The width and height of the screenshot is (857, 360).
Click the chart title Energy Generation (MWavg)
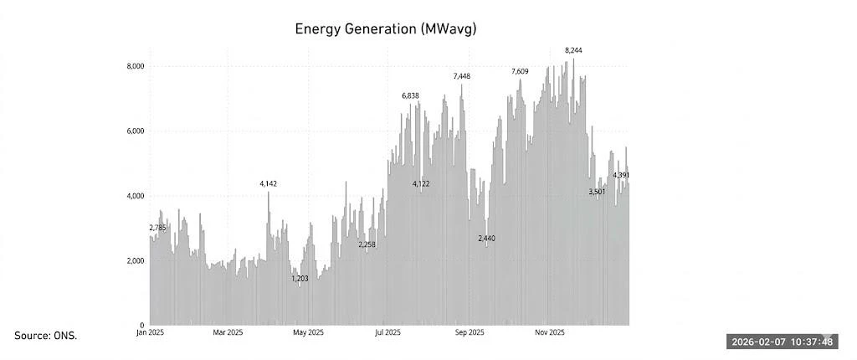(385, 29)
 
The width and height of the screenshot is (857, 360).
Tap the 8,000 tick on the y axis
(136, 66)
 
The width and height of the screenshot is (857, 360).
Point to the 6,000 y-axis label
(136, 131)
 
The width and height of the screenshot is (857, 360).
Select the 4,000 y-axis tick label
(136, 196)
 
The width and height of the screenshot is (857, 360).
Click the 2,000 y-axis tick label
(136, 261)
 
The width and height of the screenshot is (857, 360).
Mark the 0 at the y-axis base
(142, 325)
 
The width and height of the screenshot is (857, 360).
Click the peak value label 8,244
(573, 50)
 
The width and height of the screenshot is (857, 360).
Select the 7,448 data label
(462, 76)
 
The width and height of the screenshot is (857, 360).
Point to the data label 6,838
(410, 96)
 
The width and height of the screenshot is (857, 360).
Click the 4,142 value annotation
(268, 183)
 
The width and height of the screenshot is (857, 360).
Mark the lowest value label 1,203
(300, 279)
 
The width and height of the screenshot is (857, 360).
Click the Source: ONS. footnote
(45, 336)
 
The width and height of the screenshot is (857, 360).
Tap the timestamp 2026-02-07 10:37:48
(782, 342)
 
